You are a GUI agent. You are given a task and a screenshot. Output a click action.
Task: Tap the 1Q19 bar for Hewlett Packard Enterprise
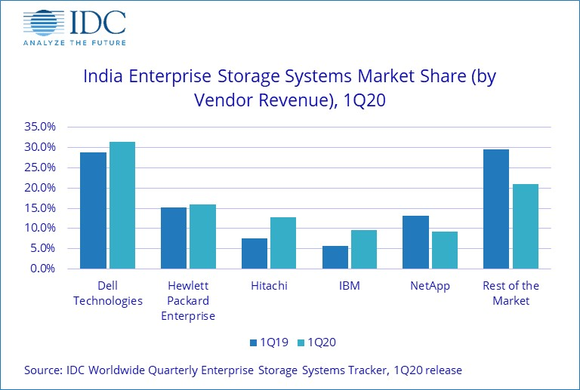point(174,238)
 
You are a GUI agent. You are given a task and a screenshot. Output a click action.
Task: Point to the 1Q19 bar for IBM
point(335,257)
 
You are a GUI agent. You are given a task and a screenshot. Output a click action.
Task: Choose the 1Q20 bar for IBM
point(363,249)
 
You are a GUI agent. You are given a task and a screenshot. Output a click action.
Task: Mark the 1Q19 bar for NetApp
point(415,242)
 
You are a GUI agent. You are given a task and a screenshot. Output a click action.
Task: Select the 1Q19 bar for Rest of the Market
point(496,209)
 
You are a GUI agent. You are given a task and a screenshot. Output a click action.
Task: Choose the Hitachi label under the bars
point(268,286)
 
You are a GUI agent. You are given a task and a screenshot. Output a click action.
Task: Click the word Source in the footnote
point(42,370)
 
